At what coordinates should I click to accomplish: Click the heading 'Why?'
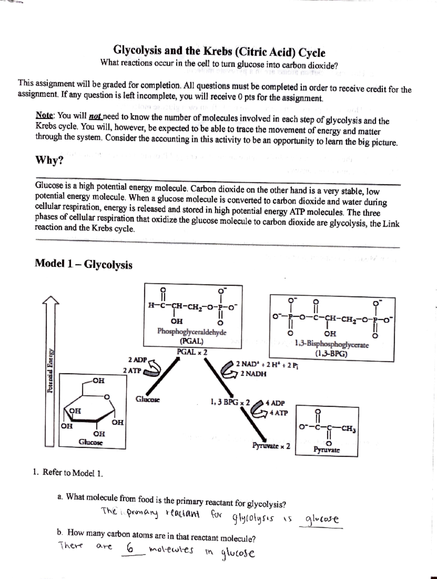tap(48, 160)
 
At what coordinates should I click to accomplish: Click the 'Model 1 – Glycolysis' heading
tap(83, 264)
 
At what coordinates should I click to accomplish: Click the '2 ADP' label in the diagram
tap(137, 360)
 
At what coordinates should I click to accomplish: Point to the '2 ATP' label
tap(132, 370)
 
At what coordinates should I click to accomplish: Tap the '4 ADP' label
tap(275, 403)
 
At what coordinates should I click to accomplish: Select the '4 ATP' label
tap(278, 413)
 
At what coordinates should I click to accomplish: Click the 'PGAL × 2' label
tap(192, 352)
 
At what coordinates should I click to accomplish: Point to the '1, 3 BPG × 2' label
tap(230, 403)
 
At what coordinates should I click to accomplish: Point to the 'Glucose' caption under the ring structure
tap(91, 442)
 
